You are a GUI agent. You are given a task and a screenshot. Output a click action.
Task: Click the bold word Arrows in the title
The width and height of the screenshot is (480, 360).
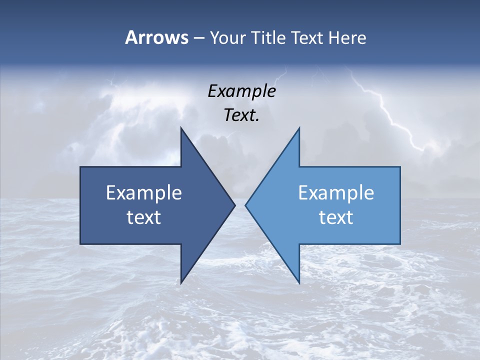(x=156, y=37)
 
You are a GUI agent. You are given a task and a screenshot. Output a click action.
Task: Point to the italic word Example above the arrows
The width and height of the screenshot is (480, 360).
(x=241, y=91)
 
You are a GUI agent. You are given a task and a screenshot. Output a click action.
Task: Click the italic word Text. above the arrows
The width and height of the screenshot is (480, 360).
(x=241, y=115)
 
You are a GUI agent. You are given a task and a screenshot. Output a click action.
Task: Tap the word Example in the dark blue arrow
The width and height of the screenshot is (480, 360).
(x=144, y=192)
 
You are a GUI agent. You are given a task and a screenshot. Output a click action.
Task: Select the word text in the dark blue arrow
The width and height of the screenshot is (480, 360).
(x=144, y=217)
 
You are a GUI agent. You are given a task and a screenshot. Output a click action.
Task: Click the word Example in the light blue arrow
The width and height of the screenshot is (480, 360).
(x=336, y=192)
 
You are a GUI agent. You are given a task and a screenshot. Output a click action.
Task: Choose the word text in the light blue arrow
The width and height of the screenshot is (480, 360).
(x=336, y=217)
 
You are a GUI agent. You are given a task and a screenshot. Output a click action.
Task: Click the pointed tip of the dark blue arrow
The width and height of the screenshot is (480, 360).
(x=234, y=205)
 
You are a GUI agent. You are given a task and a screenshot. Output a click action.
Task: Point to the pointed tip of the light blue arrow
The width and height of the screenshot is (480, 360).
(x=245, y=205)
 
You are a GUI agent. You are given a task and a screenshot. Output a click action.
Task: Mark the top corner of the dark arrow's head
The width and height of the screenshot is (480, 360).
(x=181, y=128)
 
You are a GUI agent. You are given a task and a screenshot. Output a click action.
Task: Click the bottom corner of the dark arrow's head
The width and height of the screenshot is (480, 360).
(x=181, y=283)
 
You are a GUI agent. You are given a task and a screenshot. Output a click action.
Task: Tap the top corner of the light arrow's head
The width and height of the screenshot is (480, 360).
(x=299, y=128)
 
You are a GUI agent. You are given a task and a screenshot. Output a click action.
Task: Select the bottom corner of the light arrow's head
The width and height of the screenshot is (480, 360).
(x=299, y=283)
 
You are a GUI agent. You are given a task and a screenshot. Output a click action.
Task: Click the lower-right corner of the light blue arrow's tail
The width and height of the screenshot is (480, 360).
(x=400, y=244)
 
